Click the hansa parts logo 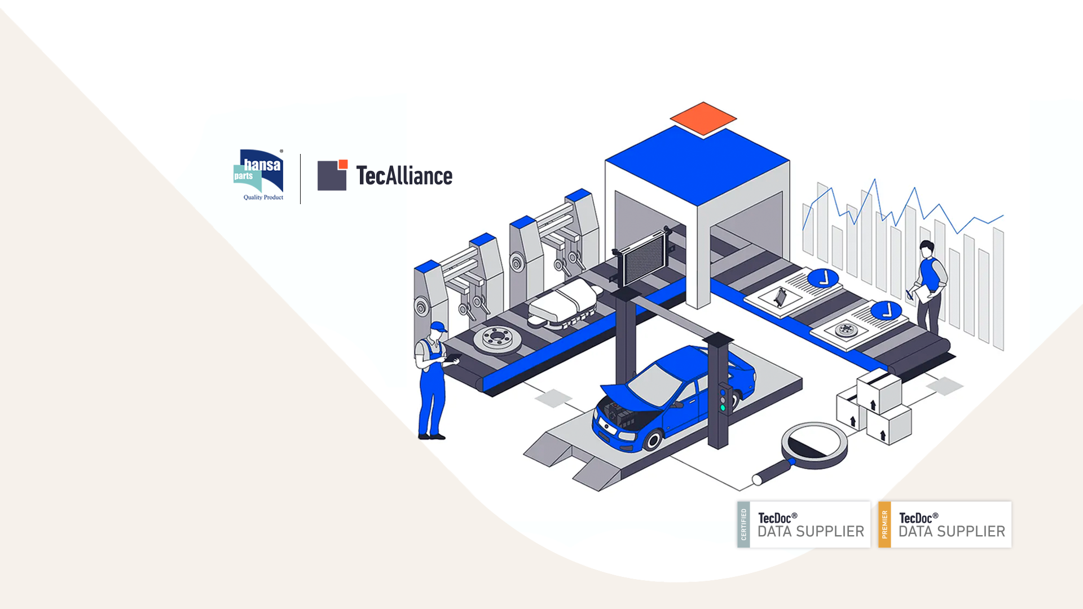(x=259, y=171)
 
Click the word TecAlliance (x=404, y=176)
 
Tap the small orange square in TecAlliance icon (x=343, y=164)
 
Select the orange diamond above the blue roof (x=703, y=118)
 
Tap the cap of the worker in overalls (x=438, y=326)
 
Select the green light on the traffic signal (x=723, y=408)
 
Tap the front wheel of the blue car (x=653, y=440)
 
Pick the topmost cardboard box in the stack (x=878, y=391)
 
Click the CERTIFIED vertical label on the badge (x=744, y=524)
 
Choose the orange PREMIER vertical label (x=884, y=524)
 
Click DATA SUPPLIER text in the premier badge (x=952, y=532)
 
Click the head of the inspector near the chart (x=927, y=248)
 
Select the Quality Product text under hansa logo (x=263, y=197)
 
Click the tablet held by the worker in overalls (x=453, y=357)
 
